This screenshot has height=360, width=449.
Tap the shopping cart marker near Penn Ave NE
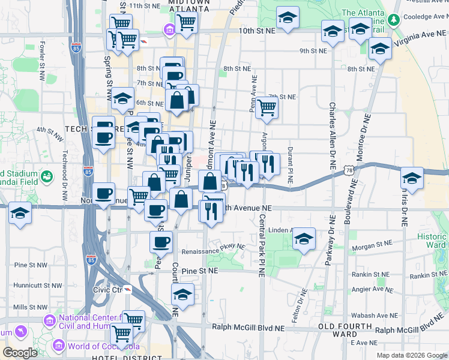(267, 108)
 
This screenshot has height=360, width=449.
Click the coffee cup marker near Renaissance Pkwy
(161, 242)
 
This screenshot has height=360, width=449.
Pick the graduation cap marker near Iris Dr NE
(412, 178)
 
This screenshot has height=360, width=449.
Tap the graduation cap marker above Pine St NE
(182, 295)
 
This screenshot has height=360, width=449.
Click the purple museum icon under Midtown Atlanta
(170, 28)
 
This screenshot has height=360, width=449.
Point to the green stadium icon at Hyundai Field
(46, 176)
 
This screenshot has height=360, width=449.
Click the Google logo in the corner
(20, 353)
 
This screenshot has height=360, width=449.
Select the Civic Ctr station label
(108, 290)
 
